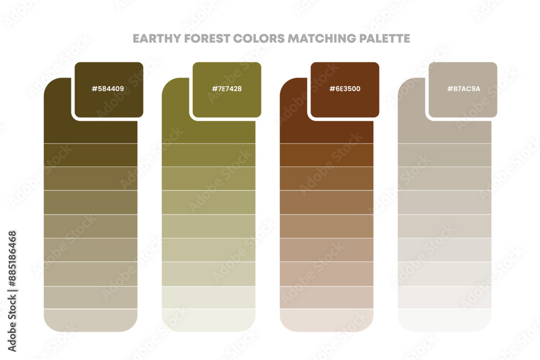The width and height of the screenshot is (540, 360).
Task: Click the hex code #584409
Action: tap(108, 89)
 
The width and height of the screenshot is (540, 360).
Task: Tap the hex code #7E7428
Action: tap(226, 89)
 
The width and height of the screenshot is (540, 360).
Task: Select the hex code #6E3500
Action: tap(345, 89)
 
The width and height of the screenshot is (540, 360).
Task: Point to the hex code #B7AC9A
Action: tap(463, 89)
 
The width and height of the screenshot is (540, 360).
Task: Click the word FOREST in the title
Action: tap(199, 39)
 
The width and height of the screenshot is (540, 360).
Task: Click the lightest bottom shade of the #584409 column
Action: tap(90, 320)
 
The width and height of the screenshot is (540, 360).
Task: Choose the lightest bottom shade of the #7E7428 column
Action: tap(208, 320)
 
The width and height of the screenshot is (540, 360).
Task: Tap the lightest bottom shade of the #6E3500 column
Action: tap(327, 320)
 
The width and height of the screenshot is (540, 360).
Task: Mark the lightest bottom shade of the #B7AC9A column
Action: tap(444, 320)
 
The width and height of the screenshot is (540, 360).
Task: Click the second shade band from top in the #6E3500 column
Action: tap(327, 155)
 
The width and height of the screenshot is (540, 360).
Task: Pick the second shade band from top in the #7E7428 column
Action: tap(208, 155)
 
